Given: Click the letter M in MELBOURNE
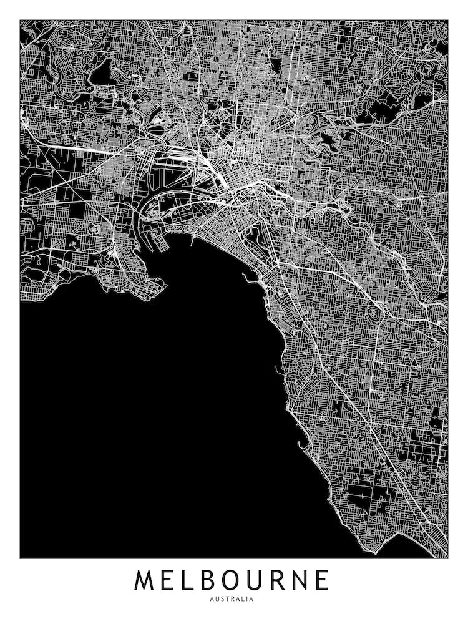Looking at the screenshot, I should coord(145,580).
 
